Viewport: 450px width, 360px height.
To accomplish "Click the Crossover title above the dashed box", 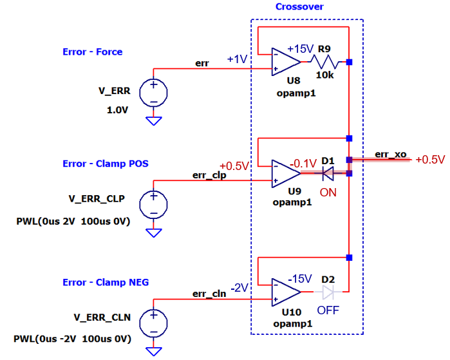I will (x=299, y=7).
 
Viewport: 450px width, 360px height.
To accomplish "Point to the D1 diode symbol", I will (x=328, y=173).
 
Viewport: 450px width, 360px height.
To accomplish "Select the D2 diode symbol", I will (x=328, y=292).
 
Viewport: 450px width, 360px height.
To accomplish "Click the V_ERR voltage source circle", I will (x=154, y=92).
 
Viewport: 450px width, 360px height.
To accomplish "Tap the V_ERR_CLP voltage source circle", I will (x=154, y=204).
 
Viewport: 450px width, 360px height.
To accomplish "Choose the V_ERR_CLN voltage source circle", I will (x=154, y=323).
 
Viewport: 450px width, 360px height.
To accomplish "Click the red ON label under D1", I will (x=328, y=192).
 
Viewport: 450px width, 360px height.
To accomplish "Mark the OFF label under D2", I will (x=328, y=310).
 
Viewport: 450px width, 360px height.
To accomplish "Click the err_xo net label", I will (x=390, y=155).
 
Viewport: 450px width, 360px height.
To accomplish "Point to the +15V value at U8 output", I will (x=300, y=49).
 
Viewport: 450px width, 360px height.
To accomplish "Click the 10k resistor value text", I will (x=324, y=75).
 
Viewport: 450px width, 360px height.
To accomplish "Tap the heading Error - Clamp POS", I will (x=106, y=164).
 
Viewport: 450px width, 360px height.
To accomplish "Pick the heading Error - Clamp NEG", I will (x=106, y=282).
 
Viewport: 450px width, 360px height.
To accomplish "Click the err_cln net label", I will (x=209, y=294).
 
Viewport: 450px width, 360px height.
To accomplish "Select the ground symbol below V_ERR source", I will (x=154, y=120).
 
